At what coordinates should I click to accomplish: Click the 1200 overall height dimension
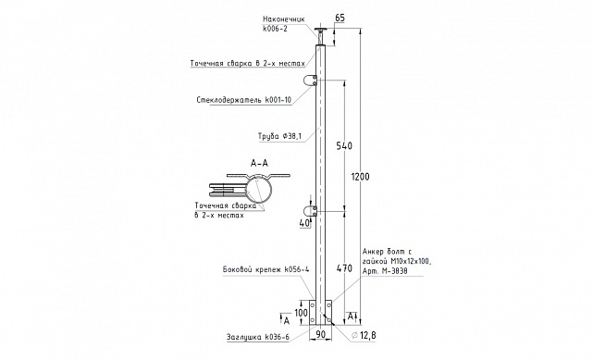(360, 177)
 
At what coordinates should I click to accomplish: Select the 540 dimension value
(344, 145)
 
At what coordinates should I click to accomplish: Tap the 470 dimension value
(344, 268)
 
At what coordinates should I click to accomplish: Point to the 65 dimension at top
(340, 19)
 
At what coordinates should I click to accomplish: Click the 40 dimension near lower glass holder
(304, 223)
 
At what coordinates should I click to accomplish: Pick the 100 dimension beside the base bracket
(301, 313)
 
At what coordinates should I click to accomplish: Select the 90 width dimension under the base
(320, 334)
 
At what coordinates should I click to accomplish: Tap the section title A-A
(259, 163)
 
